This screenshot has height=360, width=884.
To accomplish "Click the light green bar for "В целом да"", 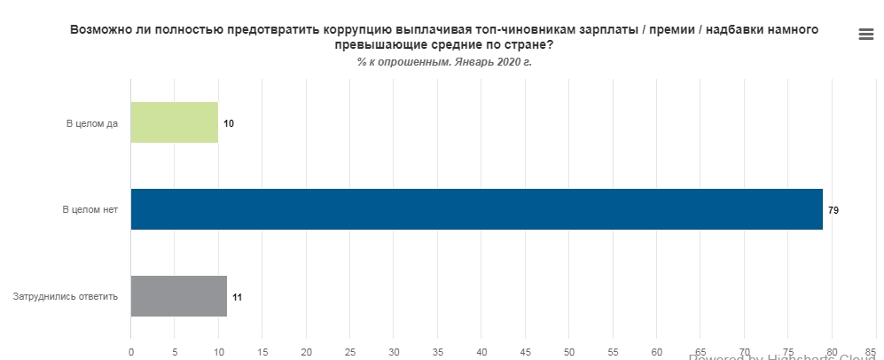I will pos(175,122).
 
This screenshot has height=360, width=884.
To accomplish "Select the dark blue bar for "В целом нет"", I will pos(476,209).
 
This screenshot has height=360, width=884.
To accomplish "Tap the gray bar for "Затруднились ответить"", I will pos(179,296).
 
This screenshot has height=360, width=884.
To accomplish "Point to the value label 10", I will pos(229,123).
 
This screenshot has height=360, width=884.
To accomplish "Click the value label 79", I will pos(833,210).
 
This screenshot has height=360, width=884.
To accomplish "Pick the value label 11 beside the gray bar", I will pos(237,297).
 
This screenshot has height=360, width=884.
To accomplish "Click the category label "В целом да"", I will pos(91,123).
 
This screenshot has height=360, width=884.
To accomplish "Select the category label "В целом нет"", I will pos(90,210).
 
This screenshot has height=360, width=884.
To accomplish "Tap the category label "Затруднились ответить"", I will pos(66,297).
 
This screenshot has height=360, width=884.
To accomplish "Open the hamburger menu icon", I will pos(866,35).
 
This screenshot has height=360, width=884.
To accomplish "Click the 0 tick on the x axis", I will pos(131,351).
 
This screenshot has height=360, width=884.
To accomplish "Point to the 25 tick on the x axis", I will pos(350,351).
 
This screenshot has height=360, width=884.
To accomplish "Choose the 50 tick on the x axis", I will pos(569,351).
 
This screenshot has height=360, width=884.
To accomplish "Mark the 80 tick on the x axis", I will pos(832,351).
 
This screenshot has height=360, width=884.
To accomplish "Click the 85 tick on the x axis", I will pos(871,350).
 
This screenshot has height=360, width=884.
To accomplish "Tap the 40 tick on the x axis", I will pos(481,351).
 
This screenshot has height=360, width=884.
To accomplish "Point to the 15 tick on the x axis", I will pos(262,351).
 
